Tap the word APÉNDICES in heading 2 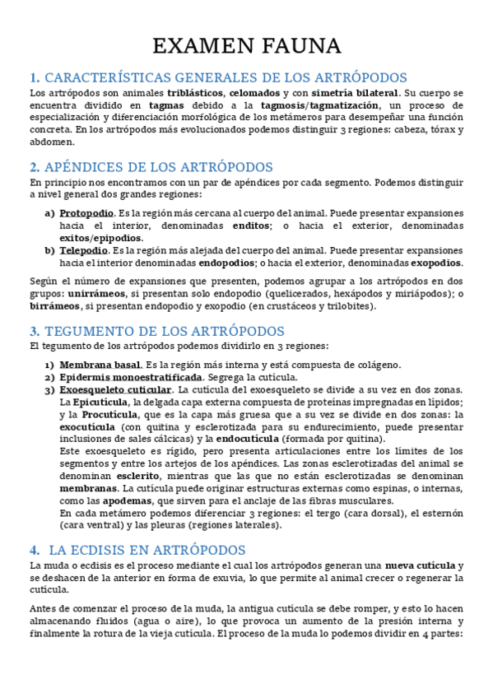point(81,167)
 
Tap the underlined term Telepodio point(83,250)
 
